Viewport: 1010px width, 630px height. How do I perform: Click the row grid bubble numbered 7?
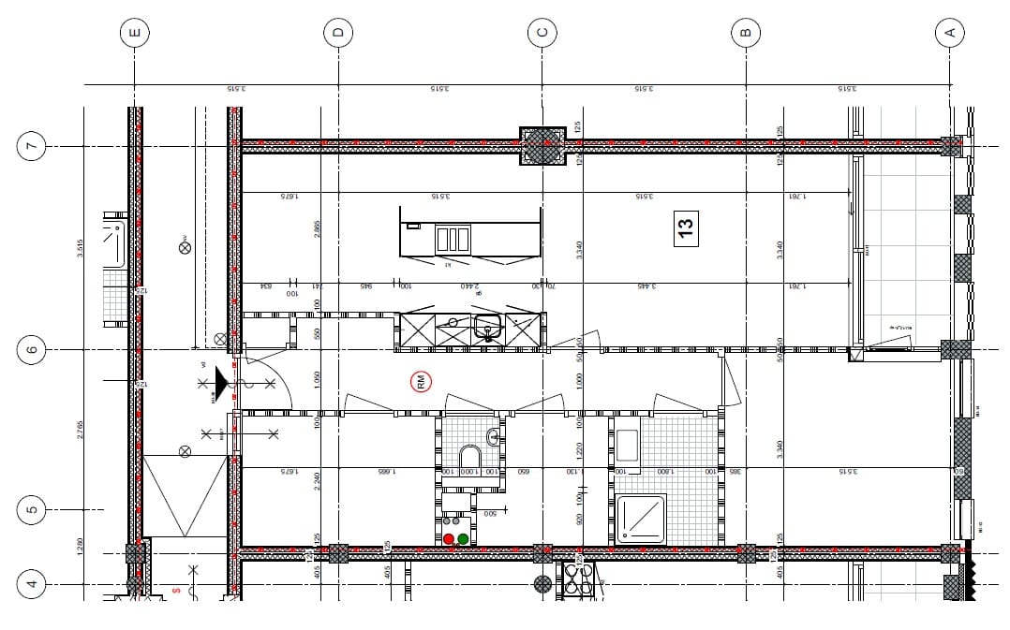click(31, 146)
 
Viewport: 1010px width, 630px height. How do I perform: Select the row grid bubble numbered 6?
click(31, 350)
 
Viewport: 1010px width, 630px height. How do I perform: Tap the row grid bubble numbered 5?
click(31, 510)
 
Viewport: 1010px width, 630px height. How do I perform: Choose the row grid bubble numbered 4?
click(31, 585)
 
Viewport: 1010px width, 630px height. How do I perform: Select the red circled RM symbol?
click(421, 381)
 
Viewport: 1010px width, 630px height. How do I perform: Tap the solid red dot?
click(449, 539)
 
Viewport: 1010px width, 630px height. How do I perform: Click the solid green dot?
click(463, 539)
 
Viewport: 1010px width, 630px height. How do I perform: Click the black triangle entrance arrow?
click(221, 382)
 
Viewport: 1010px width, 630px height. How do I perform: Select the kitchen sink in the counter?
click(486, 329)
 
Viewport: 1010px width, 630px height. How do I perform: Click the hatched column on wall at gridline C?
click(542, 146)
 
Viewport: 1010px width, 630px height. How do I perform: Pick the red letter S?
click(175, 591)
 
